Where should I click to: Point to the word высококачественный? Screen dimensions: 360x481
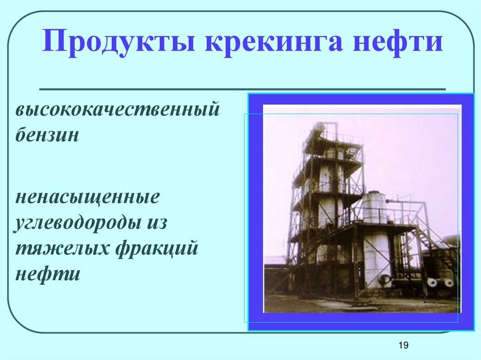117,112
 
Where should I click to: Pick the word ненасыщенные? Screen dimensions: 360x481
88,197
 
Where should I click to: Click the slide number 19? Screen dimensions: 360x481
403,345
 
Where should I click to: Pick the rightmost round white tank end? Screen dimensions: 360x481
449,283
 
